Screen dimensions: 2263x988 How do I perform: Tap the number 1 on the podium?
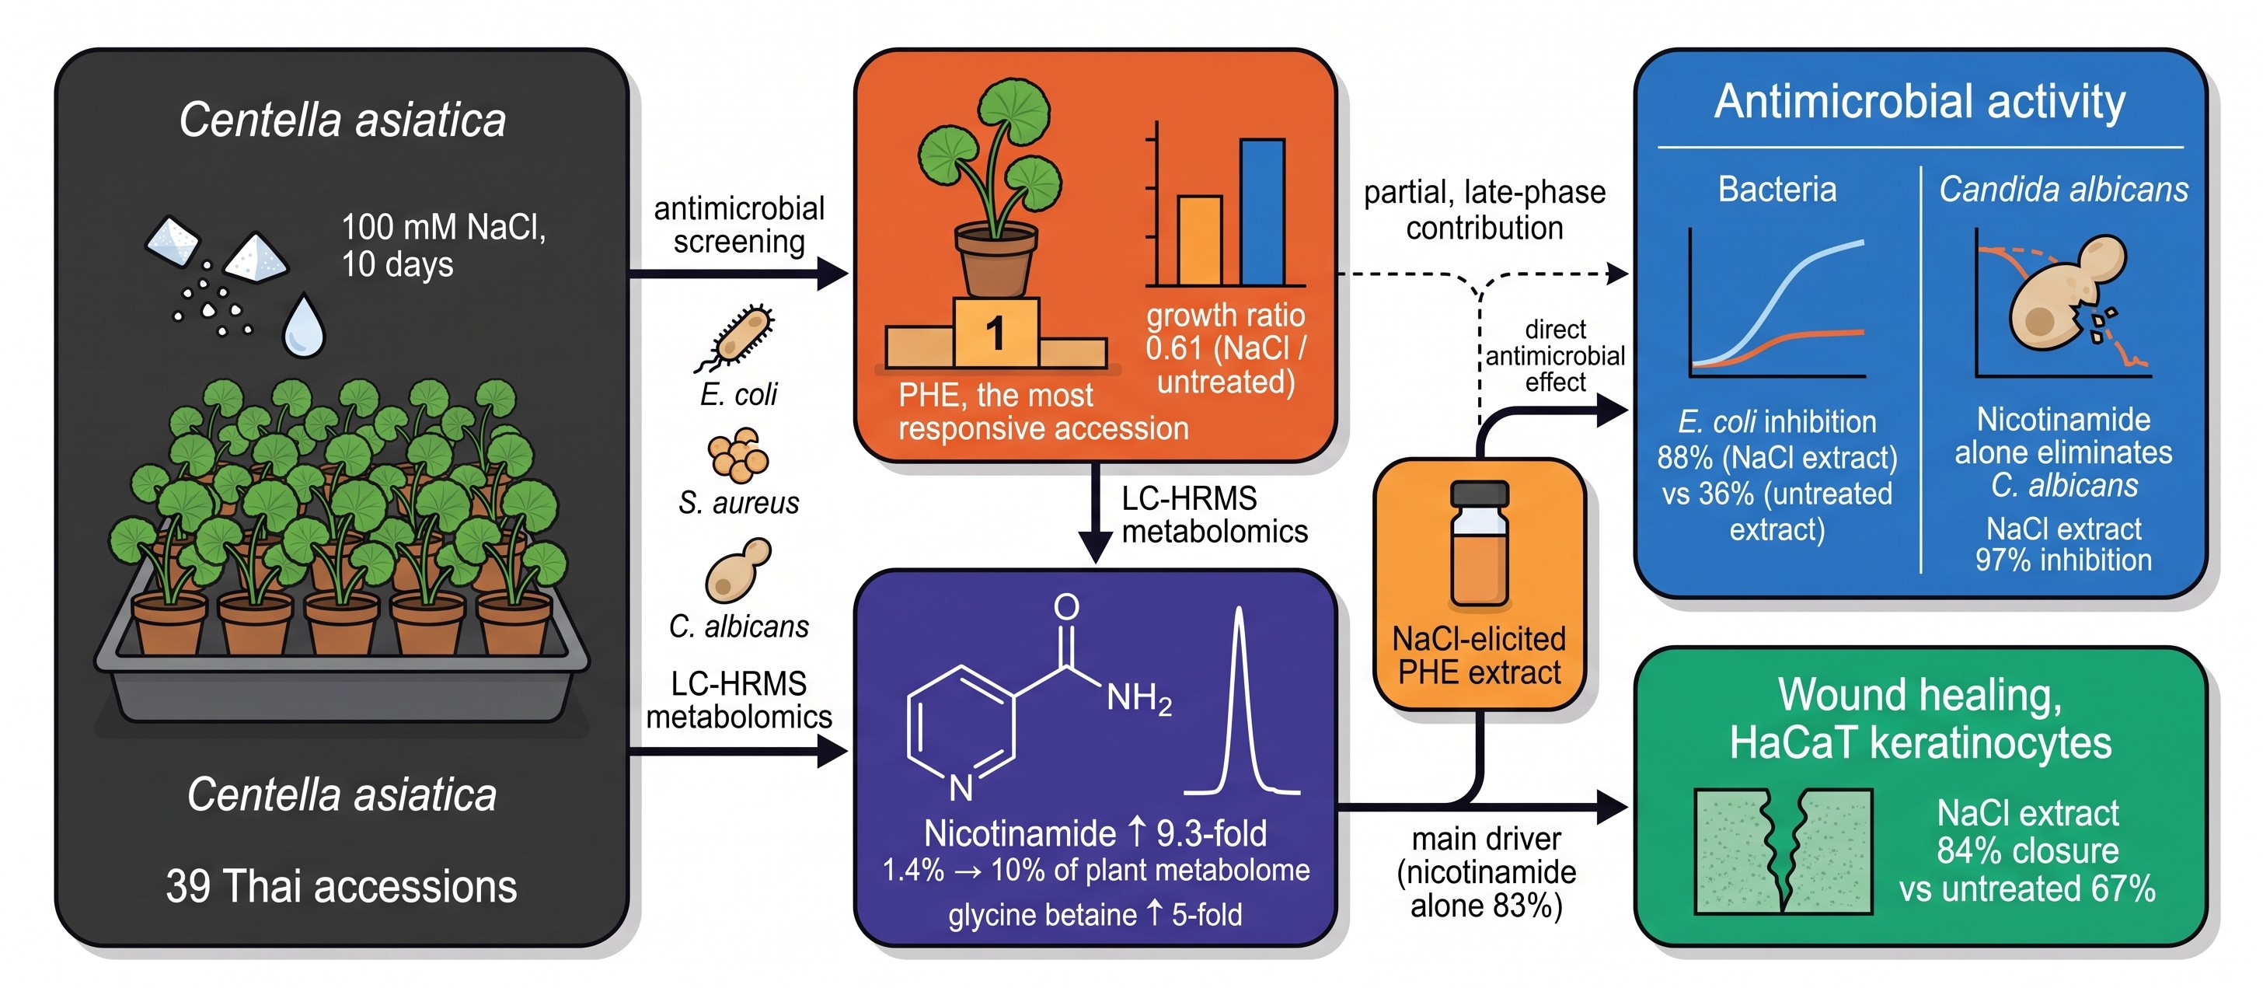(x=996, y=333)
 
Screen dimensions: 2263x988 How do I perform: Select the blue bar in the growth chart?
(x=1262, y=212)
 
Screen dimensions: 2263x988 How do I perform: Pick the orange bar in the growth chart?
(x=1199, y=240)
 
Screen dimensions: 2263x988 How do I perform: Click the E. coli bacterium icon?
(x=736, y=337)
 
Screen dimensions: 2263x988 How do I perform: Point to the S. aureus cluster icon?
(x=738, y=455)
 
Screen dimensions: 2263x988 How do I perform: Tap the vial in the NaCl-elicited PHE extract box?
(x=1480, y=544)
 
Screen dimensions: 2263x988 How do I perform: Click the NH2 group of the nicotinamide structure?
(x=1138, y=699)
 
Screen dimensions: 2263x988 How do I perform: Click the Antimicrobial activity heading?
(x=1920, y=101)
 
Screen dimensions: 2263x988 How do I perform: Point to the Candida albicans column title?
(x=2063, y=189)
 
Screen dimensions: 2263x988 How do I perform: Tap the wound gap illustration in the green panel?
(x=1784, y=851)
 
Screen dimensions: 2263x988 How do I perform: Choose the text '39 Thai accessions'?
(x=341, y=886)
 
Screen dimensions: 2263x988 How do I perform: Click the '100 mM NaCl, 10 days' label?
(x=443, y=245)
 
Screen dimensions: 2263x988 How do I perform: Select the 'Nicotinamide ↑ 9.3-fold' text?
(x=1095, y=833)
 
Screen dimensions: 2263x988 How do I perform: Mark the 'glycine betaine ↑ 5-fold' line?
(x=1095, y=914)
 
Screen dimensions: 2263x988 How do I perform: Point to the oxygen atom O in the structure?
(x=1066, y=606)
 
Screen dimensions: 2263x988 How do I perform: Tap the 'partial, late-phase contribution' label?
(x=1484, y=209)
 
